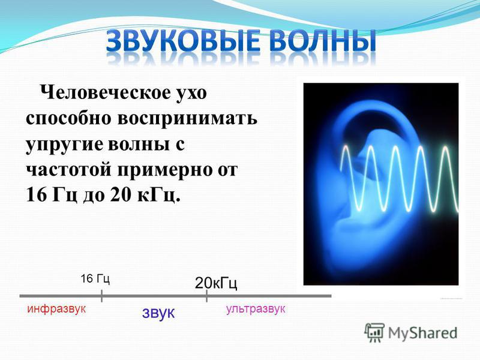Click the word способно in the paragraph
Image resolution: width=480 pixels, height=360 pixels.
[x=68, y=118]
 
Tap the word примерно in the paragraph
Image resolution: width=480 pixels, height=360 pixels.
[x=164, y=170]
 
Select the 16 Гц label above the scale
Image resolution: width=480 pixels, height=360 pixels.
[x=95, y=279]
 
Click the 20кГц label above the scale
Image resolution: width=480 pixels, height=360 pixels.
[x=216, y=283]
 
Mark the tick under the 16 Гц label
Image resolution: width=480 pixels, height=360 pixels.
[x=101, y=296]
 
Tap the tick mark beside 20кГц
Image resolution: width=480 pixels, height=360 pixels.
[x=206, y=296]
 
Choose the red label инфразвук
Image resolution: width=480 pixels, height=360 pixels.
[x=56, y=309]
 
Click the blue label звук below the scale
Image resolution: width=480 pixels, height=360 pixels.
[x=158, y=313]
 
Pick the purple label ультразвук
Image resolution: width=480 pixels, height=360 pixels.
[x=256, y=309]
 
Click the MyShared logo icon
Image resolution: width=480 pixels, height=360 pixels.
[x=374, y=332]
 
